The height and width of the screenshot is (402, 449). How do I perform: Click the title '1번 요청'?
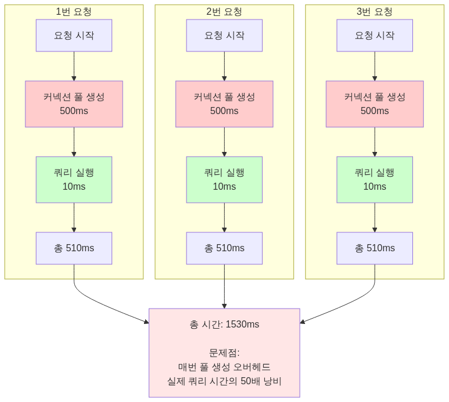(74, 12)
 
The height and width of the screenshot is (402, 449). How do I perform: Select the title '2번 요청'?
(224, 12)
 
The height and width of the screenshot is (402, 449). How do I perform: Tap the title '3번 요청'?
(375, 12)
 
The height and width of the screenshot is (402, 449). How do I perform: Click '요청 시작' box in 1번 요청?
(74, 35)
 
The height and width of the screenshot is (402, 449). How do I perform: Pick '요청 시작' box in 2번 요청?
(224, 35)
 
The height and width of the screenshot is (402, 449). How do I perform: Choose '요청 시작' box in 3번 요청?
(375, 35)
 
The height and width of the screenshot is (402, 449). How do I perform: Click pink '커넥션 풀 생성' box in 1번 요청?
(74, 104)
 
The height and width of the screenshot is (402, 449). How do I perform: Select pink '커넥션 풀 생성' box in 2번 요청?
(224, 104)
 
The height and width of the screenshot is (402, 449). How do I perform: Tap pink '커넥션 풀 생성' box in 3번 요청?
(375, 104)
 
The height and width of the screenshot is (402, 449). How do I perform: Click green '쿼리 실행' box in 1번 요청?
(74, 180)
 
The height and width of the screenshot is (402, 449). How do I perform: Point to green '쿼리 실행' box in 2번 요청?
(224, 180)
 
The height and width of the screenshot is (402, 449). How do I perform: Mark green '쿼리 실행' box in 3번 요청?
(375, 180)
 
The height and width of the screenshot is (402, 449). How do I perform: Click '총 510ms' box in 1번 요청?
(74, 248)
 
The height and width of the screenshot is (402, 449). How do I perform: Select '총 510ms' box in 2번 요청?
(224, 248)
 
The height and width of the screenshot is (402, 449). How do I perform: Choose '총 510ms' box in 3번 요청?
(375, 248)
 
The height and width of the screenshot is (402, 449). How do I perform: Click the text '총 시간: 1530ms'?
(224, 325)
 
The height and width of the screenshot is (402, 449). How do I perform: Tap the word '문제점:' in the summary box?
(224, 353)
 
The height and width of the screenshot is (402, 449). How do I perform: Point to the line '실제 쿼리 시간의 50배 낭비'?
(224, 381)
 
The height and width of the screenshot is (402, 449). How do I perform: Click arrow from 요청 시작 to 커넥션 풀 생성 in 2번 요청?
(224, 66)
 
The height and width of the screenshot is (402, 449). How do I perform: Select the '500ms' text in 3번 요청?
(375, 111)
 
